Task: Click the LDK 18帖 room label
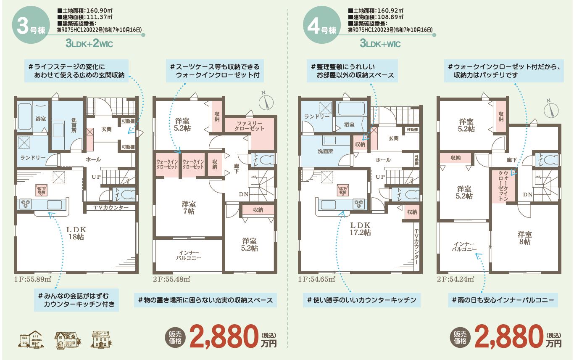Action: tap(76, 233)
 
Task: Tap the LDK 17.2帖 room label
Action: tap(360, 229)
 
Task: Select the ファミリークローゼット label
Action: tap(249, 126)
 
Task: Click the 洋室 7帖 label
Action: tap(189, 208)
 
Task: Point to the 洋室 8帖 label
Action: tap(524, 238)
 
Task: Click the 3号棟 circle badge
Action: tap(31, 25)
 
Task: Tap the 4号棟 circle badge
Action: tap(322, 25)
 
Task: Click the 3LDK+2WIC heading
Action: tap(89, 43)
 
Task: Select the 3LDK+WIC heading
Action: tap(380, 43)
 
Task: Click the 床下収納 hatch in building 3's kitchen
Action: tap(41, 190)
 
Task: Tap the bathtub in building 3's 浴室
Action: tap(25, 116)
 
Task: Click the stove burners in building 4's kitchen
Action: tap(359, 204)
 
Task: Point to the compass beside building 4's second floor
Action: tap(551, 110)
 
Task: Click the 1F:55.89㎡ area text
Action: tap(33, 279)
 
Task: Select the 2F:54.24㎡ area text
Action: tap(456, 279)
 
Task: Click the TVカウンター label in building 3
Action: tap(111, 207)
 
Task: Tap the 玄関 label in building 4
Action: tap(393, 138)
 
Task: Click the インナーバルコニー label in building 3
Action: tap(189, 255)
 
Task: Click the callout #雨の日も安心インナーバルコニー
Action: tap(503, 300)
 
